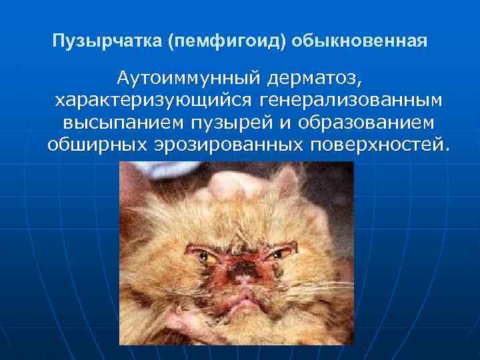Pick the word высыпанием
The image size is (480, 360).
[119, 123]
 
